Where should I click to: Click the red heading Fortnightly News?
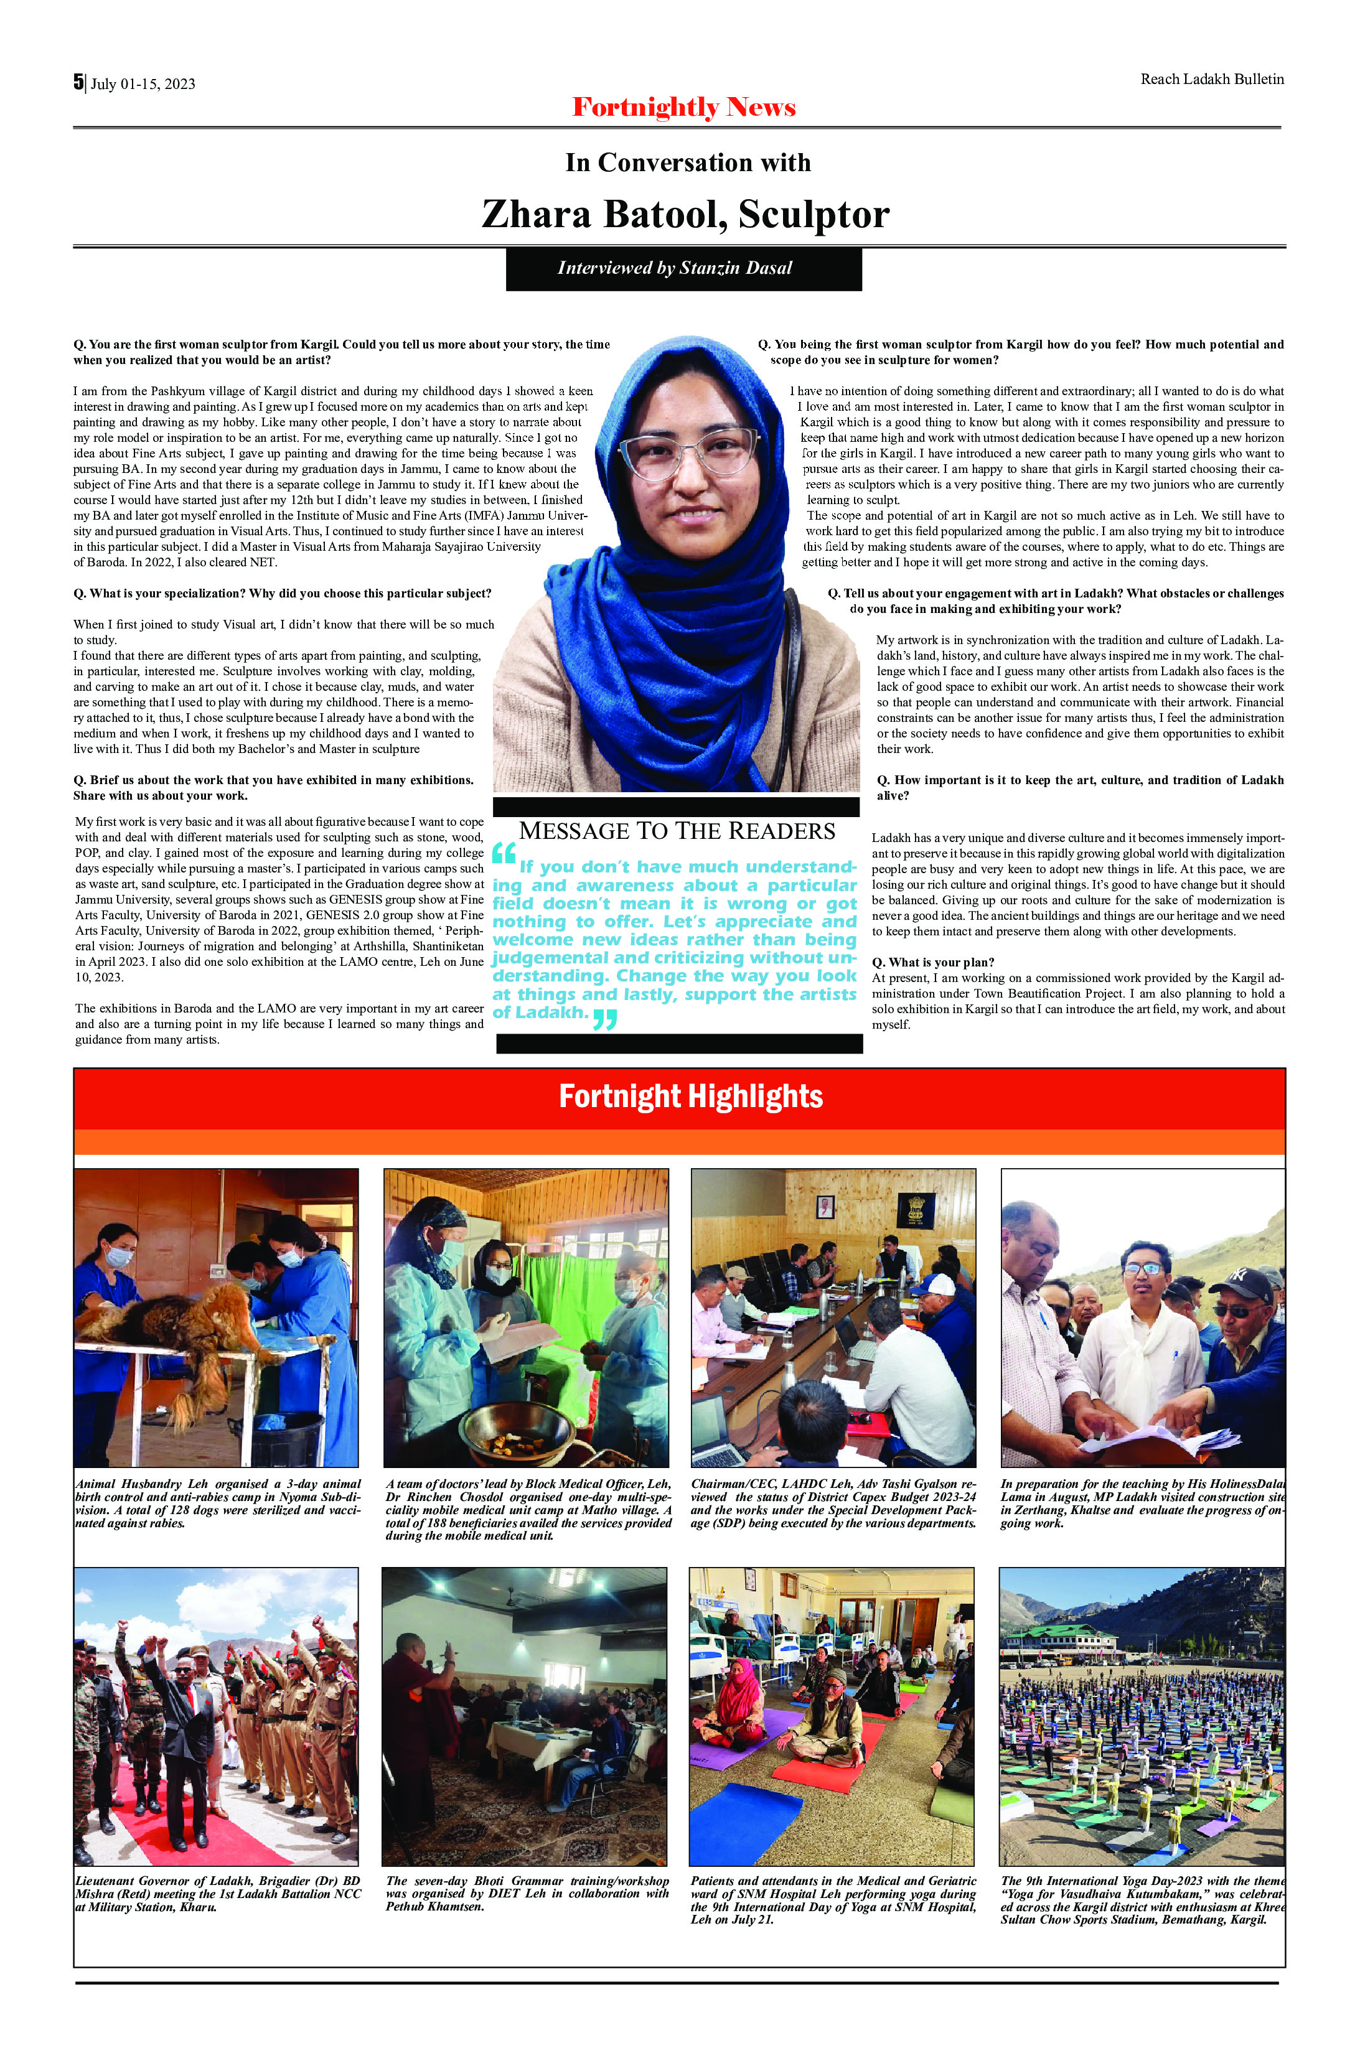683,108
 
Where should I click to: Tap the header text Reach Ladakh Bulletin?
1212,80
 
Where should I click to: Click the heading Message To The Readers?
677,831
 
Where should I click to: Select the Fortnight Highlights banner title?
690,1097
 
